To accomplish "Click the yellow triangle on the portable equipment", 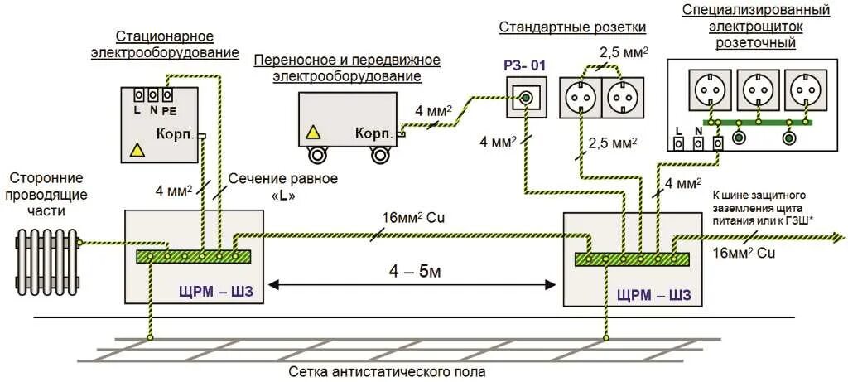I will [x=313, y=132].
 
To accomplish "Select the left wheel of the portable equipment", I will [x=317, y=155].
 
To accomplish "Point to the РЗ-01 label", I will [x=525, y=64].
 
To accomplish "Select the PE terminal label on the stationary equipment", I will [x=169, y=109].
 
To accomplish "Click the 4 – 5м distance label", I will [x=411, y=270].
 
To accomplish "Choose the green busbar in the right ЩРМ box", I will [x=633, y=259].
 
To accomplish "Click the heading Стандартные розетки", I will [x=572, y=27].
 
